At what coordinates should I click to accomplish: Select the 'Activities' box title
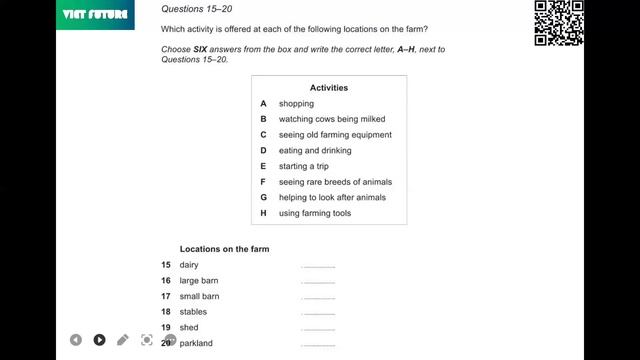pyautogui.click(x=328, y=88)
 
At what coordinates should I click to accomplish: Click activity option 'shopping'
pyautogui.click(x=296, y=103)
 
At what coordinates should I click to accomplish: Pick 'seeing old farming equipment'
pyautogui.click(x=335, y=135)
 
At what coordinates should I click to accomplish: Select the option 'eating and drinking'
pyautogui.click(x=315, y=150)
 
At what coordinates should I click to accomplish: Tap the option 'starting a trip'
pyautogui.click(x=303, y=166)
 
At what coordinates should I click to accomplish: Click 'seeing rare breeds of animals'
pyautogui.click(x=335, y=182)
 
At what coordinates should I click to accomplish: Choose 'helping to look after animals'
pyautogui.click(x=332, y=197)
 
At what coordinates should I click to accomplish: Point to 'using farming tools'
pyautogui.click(x=314, y=213)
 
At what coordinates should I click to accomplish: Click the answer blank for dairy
pyautogui.click(x=318, y=266)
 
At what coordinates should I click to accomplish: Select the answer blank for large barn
pyautogui.click(x=318, y=282)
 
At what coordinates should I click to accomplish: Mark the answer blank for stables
pyautogui.click(x=318, y=313)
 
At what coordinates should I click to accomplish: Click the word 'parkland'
pyautogui.click(x=196, y=344)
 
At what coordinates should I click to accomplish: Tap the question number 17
pyautogui.click(x=166, y=297)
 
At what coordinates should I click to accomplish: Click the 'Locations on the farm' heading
pyautogui.click(x=224, y=249)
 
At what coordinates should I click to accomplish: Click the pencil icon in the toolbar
pyautogui.click(x=123, y=340)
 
